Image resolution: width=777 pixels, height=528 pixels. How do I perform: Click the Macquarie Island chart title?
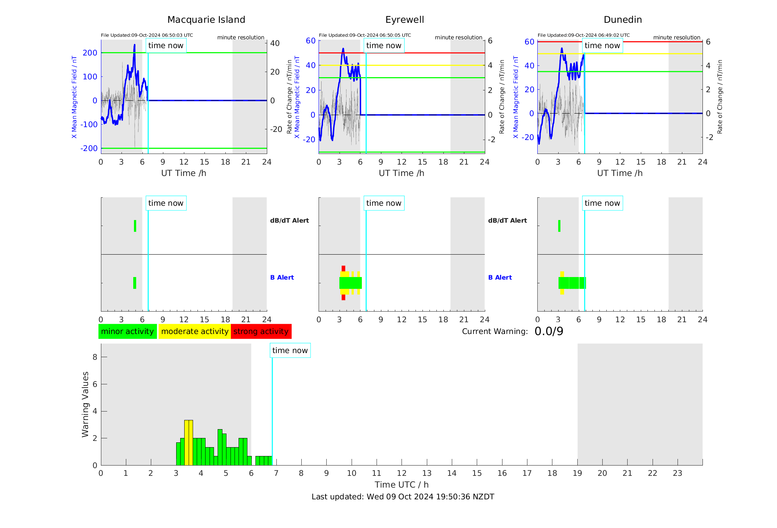(x=206, y=20)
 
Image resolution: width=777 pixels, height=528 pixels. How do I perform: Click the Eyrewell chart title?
(x=404, y=20)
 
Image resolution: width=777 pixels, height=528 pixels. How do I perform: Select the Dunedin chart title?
(x=623, y=20)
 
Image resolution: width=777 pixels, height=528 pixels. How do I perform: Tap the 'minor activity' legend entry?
(x=127, y=331)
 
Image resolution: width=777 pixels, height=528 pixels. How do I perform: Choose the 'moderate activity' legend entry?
(x=195, y=331)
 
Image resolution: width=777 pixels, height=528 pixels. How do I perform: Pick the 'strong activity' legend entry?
(x=261, y=331)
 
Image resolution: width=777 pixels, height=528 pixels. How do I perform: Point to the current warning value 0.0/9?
(x=549, y=331)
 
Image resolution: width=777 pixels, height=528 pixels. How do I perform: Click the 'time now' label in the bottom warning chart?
(x=290, y=351)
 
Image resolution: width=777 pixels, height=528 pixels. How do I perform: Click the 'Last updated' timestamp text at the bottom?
(x=403, y=497)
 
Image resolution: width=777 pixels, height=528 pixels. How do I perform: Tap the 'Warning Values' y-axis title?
(x=85, y=404)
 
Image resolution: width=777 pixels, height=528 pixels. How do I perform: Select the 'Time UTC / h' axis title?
(x=402, y=485)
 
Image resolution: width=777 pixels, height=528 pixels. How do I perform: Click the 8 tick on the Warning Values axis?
(x=95, y=357)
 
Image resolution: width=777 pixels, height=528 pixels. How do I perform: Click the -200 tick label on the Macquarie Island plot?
(x=89, y=148)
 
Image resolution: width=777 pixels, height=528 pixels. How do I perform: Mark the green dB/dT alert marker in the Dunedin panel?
(x=559, y=226)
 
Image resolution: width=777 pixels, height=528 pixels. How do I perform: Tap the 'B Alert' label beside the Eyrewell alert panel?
(x=500, y=277)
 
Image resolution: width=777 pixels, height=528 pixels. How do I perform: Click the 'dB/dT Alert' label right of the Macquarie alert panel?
(x=290, y=220)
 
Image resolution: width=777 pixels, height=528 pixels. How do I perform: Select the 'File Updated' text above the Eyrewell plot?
(x=365, y=35)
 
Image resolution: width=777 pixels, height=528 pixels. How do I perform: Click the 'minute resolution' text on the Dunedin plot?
(x=677, y=37)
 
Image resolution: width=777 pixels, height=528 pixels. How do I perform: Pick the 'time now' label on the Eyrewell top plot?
(x=384, y=46)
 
